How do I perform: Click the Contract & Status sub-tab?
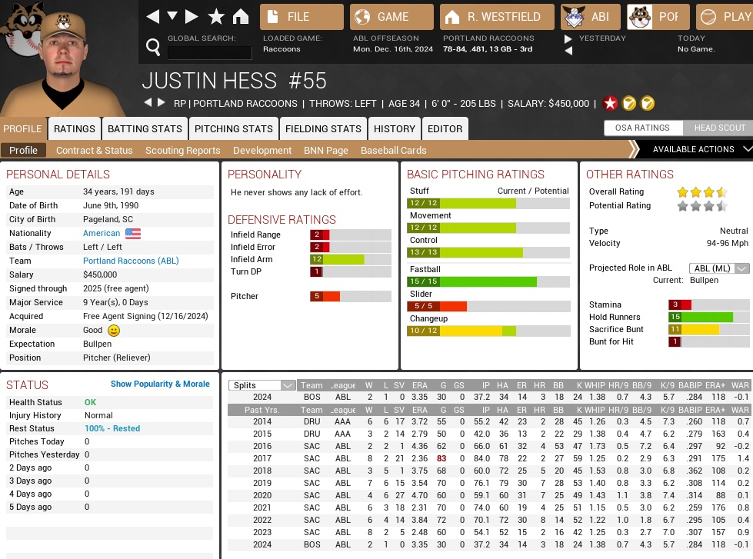(94, 151)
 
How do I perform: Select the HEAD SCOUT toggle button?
(720, 128)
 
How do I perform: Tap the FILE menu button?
(302, 17)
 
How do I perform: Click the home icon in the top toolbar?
(241, 17)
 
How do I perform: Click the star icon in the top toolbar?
(216, 17)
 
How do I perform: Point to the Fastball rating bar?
(488, 282)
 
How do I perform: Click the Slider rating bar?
(488, 306)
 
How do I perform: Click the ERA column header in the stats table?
(419, 386)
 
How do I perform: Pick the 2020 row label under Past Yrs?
(262, 495)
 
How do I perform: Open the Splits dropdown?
(263, 386)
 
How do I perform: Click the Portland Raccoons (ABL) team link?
(131, 261)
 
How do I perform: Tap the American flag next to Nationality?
(133, 234)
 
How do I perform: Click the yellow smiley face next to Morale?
(114, 331)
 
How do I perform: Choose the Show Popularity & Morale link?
(160, 384)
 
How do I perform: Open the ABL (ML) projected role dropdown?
(719, 268)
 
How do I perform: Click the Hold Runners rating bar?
(708, 317)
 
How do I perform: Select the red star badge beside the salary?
(610, 103)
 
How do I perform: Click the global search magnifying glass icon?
(153, 48)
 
